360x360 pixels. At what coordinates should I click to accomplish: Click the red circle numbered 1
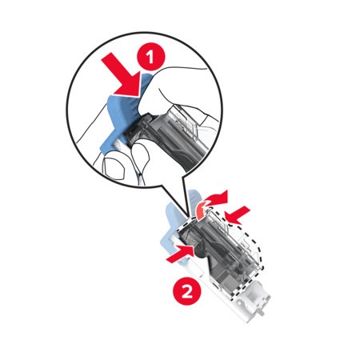151,57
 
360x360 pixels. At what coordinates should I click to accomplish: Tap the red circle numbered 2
187,291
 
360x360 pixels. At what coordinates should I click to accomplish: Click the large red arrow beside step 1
125,76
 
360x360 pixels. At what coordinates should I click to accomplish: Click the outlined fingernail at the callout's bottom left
114,169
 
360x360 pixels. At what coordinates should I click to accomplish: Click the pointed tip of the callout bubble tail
190,217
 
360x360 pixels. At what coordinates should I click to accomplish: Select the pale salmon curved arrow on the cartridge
202,212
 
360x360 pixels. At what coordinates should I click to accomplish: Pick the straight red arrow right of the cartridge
238,215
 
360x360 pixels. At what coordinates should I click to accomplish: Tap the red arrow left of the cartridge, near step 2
180,254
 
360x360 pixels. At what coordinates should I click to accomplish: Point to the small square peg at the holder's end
262,312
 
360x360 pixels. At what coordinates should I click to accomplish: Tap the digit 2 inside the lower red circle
187,291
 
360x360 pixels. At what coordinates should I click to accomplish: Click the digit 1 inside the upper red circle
151,57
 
